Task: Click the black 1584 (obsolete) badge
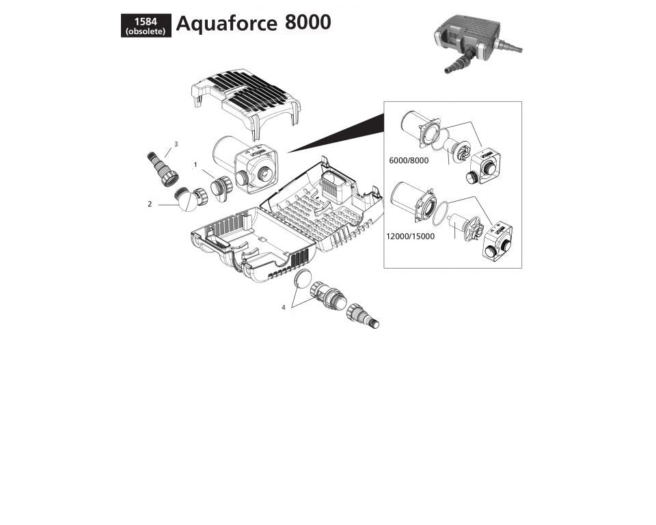(x=146, y=26)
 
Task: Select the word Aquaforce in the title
(x=226, y=23)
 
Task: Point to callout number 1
(x=195, y=165)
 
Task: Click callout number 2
(x=150, y=203)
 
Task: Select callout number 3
(x=176, y=144)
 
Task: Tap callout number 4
(x=283, y=307)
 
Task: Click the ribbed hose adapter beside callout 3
(x=161, y=167)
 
